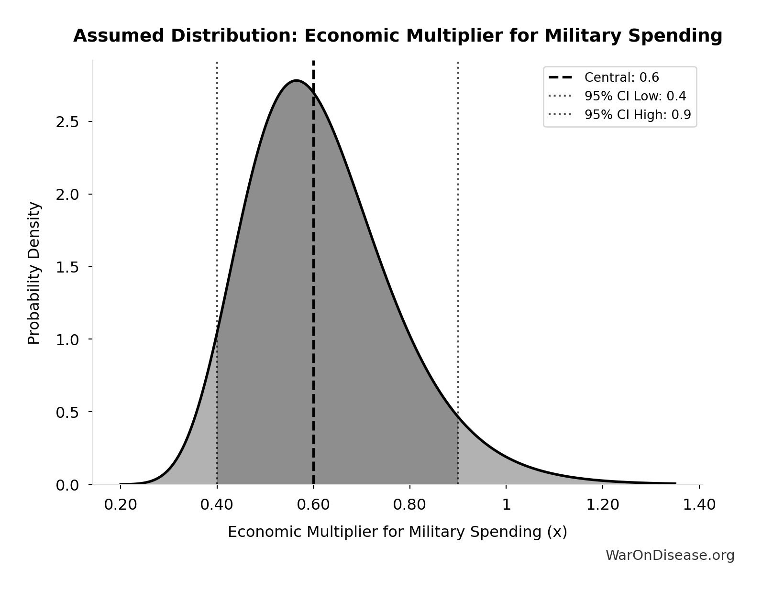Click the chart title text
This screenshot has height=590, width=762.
pyautogui.click(x=398, y=36)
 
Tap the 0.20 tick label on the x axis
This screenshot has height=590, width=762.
pyautogui.click(x=120, y=505)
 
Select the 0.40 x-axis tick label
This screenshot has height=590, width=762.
pyautogui.click(x=217, y=505)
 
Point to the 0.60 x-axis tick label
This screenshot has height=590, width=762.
pyautogui.click(x=313, y=505)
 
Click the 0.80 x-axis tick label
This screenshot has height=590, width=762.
pyautogui.click(x=409, y=505)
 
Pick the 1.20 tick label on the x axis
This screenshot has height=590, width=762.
pyautogui.click(x=603, y=505)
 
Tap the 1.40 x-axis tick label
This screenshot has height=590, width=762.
pyautogui.click(x=699, y=505)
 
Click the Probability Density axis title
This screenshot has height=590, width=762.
pyautogui.click(x=34, y=273)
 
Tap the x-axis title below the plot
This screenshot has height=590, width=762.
pyautogui.click(x=397, y=532)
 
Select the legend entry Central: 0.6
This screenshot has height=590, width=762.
pyautogui.click(x=621, y=77)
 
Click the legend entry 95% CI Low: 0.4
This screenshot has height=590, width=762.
pyautogui.click(x=635, y=96)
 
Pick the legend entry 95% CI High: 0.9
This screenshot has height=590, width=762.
pyautogui.click(x=637, y=115)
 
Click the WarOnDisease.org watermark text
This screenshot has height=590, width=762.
pyautogui.click(x=670, y=555)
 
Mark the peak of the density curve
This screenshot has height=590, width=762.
pyautogui.click(x=297, y=80)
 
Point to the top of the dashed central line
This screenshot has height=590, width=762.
pyautogui.click(x=313, y=62)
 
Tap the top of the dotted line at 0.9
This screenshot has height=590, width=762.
pyautogui.click(x=458, y=63)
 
